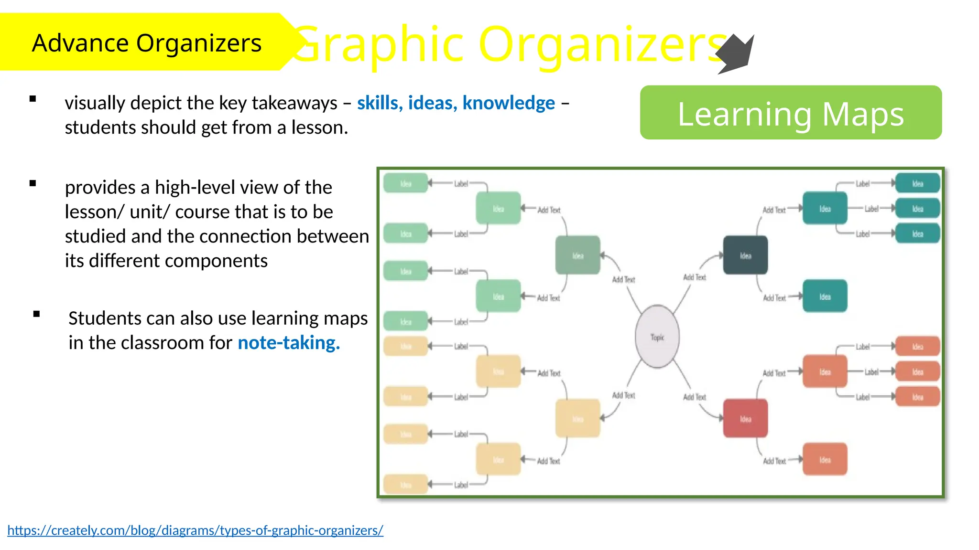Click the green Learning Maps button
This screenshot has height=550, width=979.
791,113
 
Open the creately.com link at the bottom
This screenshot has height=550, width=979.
195,530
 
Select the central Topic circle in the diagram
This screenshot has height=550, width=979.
657,337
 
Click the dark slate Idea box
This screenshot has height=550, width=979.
745,255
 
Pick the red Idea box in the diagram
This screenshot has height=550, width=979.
745,419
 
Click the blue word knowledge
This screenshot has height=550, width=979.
508,103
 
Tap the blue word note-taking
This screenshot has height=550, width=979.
289,342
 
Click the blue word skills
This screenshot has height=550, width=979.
378,103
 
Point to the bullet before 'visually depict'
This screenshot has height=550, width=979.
33,99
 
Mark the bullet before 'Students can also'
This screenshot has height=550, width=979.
37,314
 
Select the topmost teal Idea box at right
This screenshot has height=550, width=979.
917,183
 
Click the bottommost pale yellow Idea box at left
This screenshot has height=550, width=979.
405,485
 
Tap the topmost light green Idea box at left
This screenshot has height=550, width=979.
405,183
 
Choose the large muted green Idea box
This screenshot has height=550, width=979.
577,255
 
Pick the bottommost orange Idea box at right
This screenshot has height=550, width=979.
825,459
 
